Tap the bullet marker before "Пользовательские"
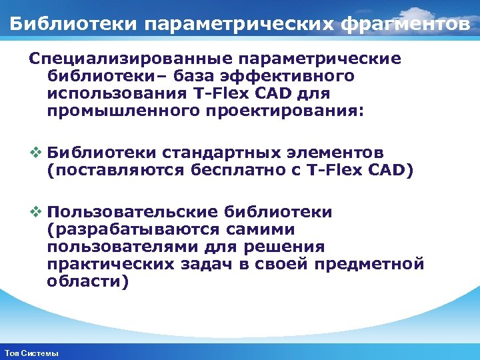point(35,213)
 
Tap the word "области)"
point(87,282)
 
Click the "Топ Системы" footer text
point(31,353)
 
